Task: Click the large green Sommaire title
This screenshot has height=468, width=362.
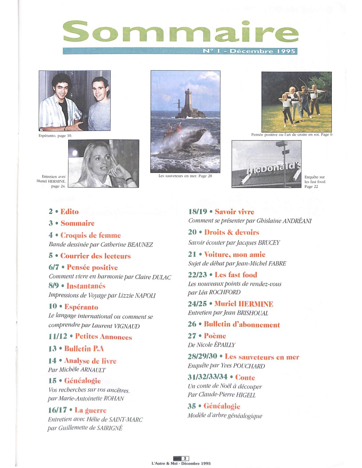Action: click(180, 32)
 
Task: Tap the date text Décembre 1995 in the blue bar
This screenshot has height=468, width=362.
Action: click(262, 51)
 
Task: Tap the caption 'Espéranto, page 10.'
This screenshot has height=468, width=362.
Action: click(55, 136)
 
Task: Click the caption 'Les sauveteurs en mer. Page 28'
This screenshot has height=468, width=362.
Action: click(185, 176)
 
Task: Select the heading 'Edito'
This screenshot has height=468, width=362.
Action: click(69, 212)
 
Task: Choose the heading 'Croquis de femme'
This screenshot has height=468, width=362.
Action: click(90, 235)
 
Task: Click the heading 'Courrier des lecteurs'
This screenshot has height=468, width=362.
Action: click(95, 256)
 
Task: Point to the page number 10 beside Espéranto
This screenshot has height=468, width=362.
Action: click(53, 306)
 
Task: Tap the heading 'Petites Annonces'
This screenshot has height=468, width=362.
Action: click(103, 336)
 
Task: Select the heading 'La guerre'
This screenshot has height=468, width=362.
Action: click(90, 410)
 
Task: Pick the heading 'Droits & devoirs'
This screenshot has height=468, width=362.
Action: click(231, 232)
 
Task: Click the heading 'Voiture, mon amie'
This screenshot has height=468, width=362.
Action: click(235, 254)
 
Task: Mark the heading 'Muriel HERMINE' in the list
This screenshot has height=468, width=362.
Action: click(244, 304)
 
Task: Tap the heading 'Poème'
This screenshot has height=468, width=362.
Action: click(215, 336)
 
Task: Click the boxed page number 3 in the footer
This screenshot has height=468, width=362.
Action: click(185, 458)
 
